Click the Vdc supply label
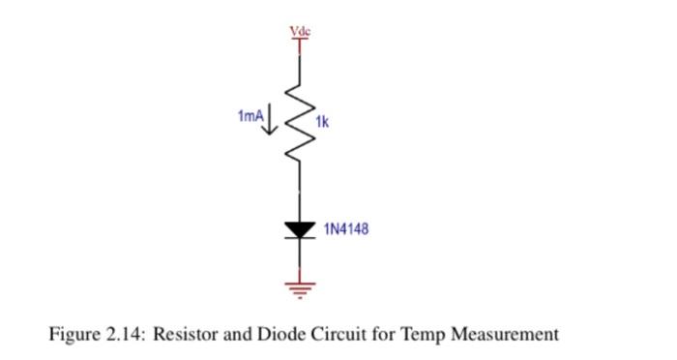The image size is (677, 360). [301, 32]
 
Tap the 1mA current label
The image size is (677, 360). [250, 116]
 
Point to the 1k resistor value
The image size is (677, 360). [323, 125]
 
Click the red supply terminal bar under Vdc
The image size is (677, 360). [301, 42]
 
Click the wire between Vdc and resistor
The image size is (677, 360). [301, 68]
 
